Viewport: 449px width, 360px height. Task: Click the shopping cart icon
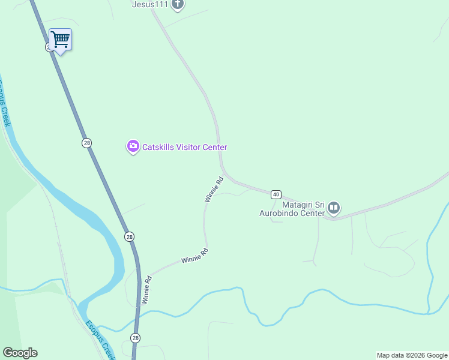pyautogui.click(x=60, y=40)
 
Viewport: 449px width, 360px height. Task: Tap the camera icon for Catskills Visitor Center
pyautogui.click(x=133, y=146)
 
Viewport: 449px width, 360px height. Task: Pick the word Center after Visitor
pyautogui.click(x=214, y=147)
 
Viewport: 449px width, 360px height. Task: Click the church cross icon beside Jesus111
pyautogui.click(x=177, y=5)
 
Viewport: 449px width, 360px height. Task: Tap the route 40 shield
pyautogui.click(x=276, y=194)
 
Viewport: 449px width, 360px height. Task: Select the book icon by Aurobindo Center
pyautogui.click(x=334, y=209)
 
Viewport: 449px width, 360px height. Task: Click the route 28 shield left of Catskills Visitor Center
pyautogui.click(x=87, y=143)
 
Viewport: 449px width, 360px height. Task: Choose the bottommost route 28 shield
pyautogui.click(x=136, y=338)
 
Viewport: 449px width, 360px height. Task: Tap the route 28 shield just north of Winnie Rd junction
pyautogui.click(x=130, y=236)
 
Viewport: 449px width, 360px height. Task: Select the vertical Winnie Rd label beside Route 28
pyautogui.click(x=146, y=289)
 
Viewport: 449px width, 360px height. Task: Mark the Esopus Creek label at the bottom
pyautogui.click(x=100, y=339)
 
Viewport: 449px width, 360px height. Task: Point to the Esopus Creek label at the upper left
pyautogui.click(x=4, y=102)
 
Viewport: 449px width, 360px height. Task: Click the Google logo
pyautogui.click(x=20, y=353)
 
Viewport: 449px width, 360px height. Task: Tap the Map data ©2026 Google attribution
pyautogui.click(x=412, y=355)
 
